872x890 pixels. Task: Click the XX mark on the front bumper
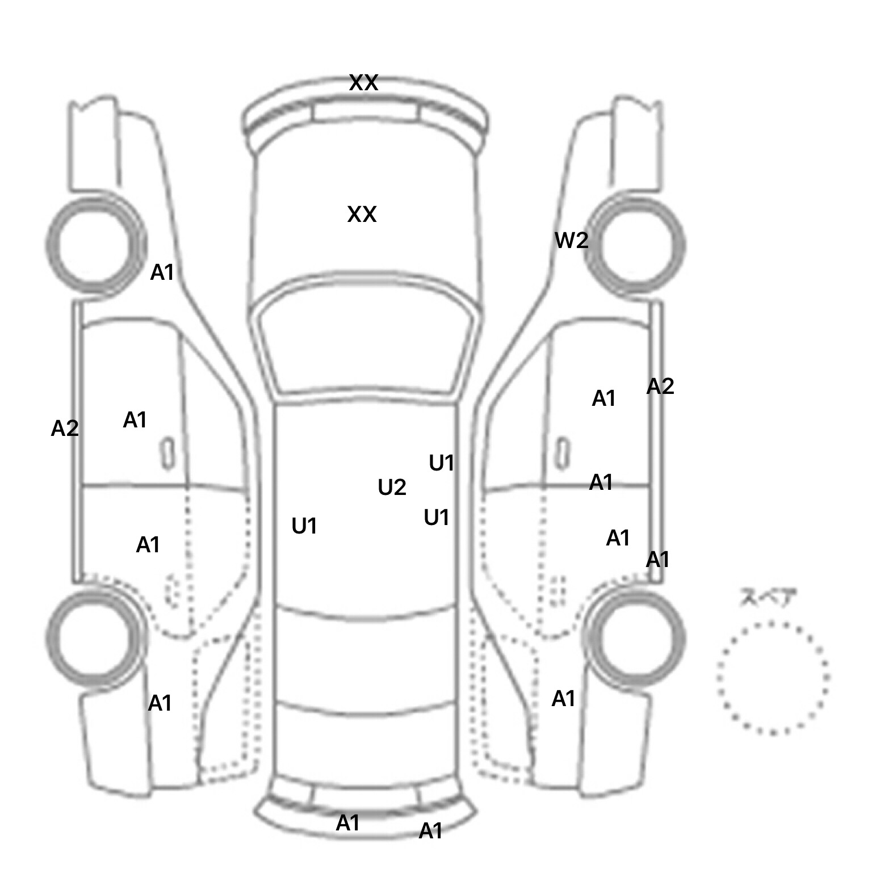pos(363,83)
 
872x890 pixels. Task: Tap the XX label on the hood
pos(362,215)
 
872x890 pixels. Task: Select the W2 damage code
pos(571,241)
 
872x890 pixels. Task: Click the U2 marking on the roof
pos(392,488)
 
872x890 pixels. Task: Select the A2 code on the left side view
pos(65,429)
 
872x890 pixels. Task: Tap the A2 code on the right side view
pos(660,387)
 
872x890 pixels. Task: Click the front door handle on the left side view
pos(167,454)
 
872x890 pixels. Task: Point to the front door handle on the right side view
pos(562,454)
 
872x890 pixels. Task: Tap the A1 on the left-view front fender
pos(162,273)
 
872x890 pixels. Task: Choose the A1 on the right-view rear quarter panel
pos(564,699)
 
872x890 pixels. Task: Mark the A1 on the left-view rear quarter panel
pos(160,703)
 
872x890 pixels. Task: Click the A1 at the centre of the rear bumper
pos(348,822)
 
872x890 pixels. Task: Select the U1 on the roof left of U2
pos(304,527)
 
